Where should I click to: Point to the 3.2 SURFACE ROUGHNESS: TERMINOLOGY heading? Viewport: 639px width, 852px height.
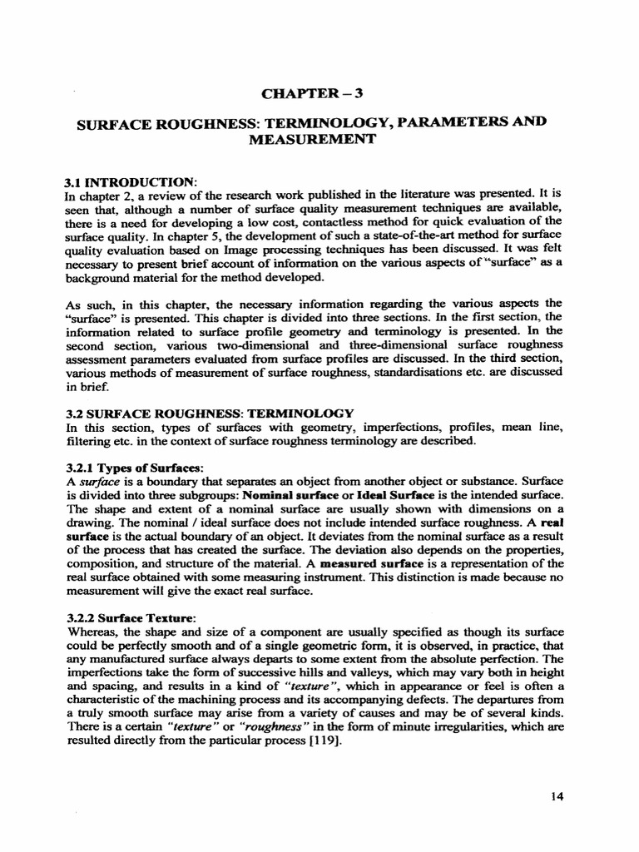pos(210,413)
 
